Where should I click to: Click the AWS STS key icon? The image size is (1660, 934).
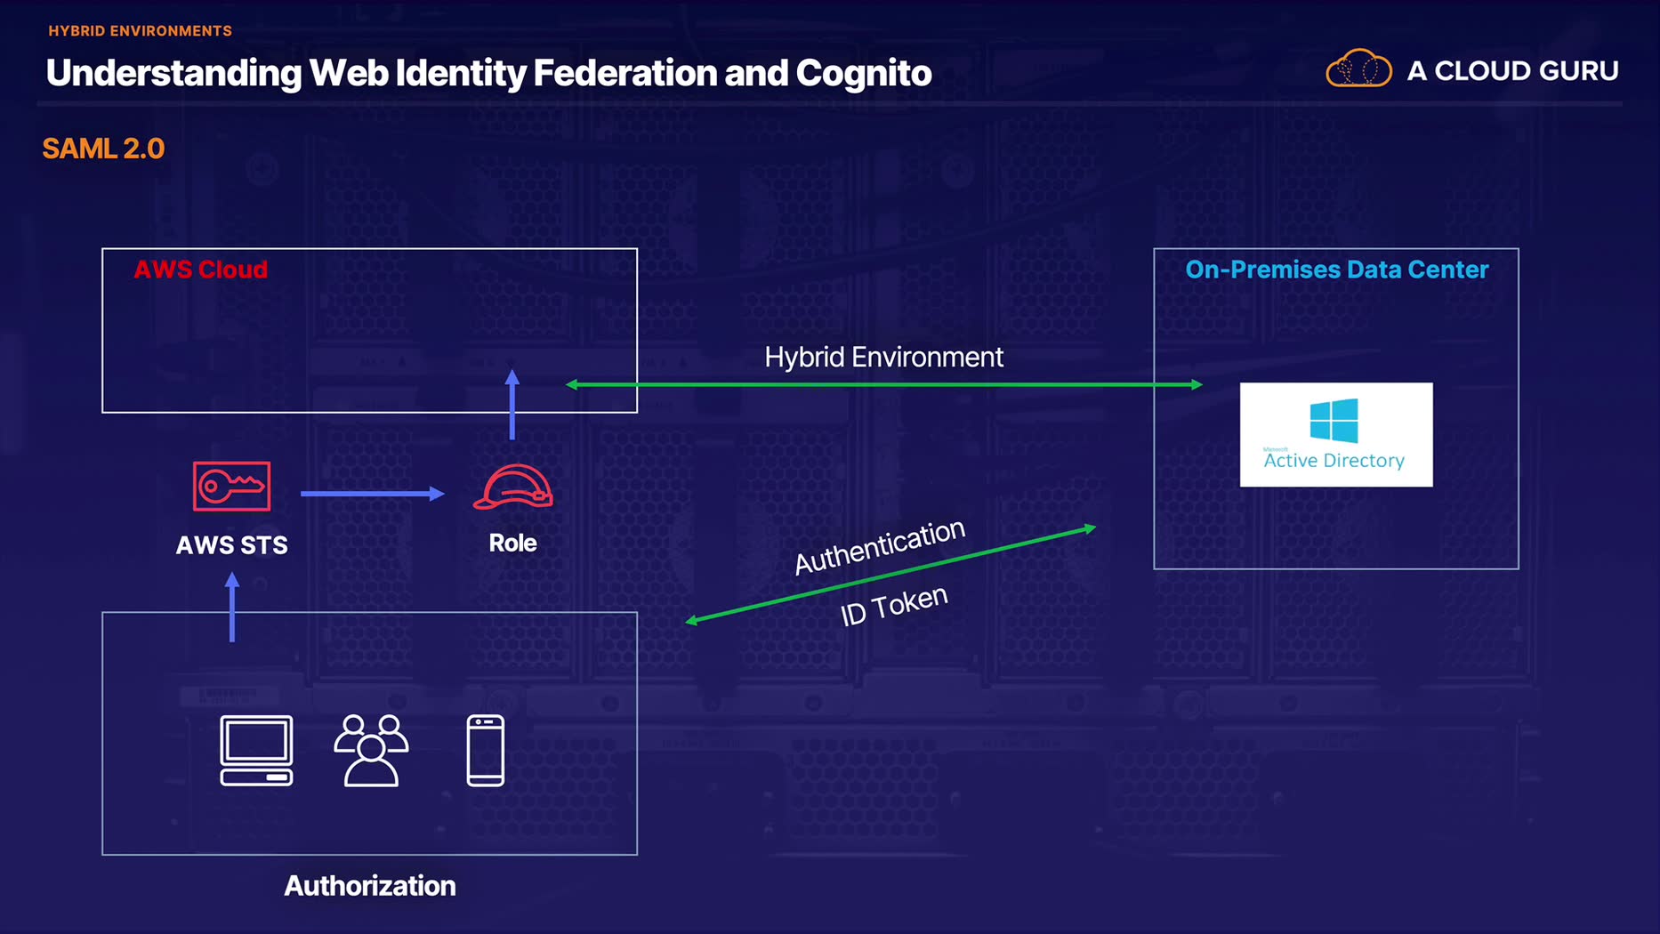231,486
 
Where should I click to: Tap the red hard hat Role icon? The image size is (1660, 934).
512,487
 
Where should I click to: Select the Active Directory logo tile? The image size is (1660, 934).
1335,434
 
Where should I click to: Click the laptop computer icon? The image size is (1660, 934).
256,750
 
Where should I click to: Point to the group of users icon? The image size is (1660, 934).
371,750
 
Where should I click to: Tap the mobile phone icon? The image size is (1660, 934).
486,750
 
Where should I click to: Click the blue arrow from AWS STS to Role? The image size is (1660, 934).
372,493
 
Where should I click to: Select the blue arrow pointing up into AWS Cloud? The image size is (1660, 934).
512,405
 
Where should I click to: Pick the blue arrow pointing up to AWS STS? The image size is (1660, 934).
232,607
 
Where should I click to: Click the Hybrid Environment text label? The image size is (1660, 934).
883,357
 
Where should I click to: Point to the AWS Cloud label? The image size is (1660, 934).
200,270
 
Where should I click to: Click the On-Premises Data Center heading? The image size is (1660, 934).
1336,270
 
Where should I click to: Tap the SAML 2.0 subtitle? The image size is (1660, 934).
103,149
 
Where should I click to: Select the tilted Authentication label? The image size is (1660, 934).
879,545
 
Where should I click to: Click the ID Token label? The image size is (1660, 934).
894,605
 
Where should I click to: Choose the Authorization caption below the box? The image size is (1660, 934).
369,885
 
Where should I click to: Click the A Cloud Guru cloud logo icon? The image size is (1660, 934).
1358,69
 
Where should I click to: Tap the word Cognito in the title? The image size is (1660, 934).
863,73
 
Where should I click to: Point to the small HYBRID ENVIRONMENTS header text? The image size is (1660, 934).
140,31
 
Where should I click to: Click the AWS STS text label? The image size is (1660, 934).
231,544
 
